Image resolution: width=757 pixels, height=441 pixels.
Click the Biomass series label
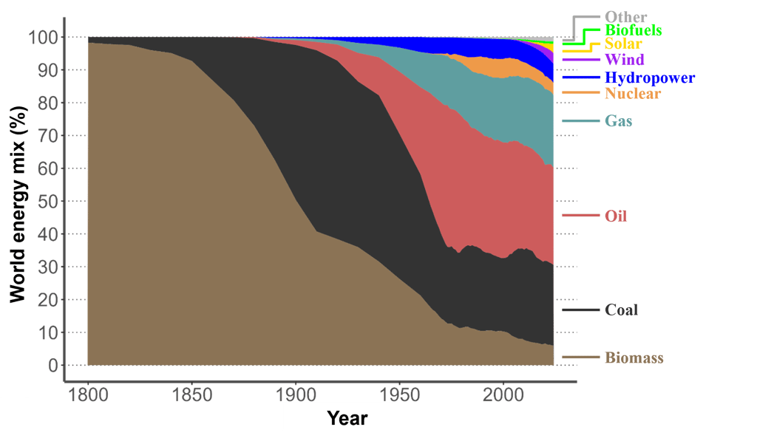[x=634, y=358]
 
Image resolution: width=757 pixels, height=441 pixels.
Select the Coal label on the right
[x=621, y=310]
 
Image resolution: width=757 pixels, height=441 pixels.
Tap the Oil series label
[x=616, y=216]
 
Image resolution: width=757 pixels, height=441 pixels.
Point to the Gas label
[x=619, y=121]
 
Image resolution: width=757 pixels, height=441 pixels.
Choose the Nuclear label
[x=632, y=94]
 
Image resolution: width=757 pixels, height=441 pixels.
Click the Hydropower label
[x=650, y=78]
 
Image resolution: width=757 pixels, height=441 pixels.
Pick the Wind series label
[x=624, y=60]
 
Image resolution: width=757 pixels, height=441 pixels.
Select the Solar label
[x=623, y=44]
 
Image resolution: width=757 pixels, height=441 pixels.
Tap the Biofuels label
[x=633, y=30]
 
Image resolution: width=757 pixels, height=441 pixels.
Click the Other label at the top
[x=625, y=17]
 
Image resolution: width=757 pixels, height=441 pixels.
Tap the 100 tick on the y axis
[x=42, y=37]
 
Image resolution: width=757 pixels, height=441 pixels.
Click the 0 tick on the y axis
[x=52, y=366]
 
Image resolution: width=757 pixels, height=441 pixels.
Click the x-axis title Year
[x=347, y=419]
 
